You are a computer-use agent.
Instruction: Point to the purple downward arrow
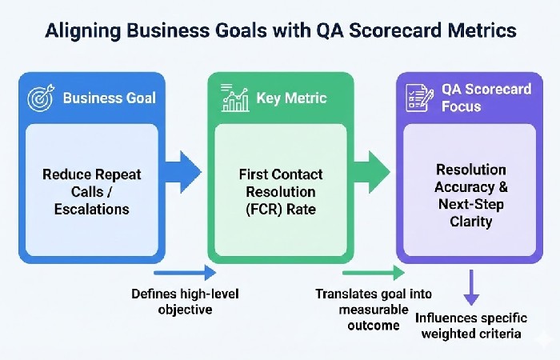(471, 287)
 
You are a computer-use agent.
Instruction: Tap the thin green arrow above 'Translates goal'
(374, 273)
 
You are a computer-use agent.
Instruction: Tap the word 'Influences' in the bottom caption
(446, 318)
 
